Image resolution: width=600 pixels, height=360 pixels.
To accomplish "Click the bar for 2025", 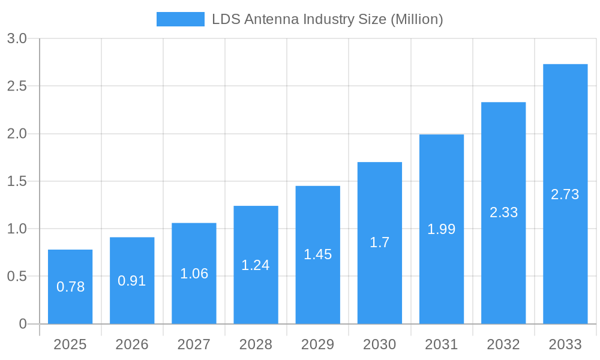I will pyautogui.click(x=70, y=287).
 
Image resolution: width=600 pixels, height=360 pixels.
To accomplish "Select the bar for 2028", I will pyautogui.click(x=256, y=265).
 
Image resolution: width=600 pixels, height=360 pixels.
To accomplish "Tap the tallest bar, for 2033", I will pyautogui.click(x=565, y=194).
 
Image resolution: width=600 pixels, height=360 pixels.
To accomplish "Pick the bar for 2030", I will pyautogui.click(x=380, y=243).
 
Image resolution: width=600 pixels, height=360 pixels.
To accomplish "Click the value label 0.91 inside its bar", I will pyautogui.click(x=132, y=281).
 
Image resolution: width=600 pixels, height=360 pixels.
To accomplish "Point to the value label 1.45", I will pyautogui.click(x=317, y=254).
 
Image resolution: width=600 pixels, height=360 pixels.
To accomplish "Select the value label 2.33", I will pyautogui.click(x=503, y=212).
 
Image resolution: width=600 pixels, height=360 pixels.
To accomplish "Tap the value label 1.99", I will pyautogui.click(x=442, y=229).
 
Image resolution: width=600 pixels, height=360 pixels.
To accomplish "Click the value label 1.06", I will pyautogui.click(x=194, y=274).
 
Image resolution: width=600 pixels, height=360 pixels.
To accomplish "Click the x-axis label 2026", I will pyautogui.click(x=132, y=344).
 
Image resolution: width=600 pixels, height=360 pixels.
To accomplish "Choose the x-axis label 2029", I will pyautogui.click(x=317, y=344).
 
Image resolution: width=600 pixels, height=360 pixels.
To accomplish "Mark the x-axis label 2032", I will pyautogui.click(x=503, y=344).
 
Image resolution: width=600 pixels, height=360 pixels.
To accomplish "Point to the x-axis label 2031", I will pyautogui.click(x=442, y=344).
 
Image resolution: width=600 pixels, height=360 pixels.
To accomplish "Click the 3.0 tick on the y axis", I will pyautogui.click(x=17, y=38).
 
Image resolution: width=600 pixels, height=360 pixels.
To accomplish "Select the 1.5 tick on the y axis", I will pyautogui.click(x=17, y=181).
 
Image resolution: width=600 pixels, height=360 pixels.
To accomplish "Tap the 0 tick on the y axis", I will pyautogui.click(x=23, y=324).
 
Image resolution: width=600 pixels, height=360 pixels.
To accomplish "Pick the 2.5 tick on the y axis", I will pyautogui.click(x=17, y=86).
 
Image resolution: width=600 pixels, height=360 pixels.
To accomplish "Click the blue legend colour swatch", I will pyautogui.click(x=180, y=19).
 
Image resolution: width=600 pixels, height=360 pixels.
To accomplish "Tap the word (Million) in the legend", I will pyautogui.click(x=416, y=19).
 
